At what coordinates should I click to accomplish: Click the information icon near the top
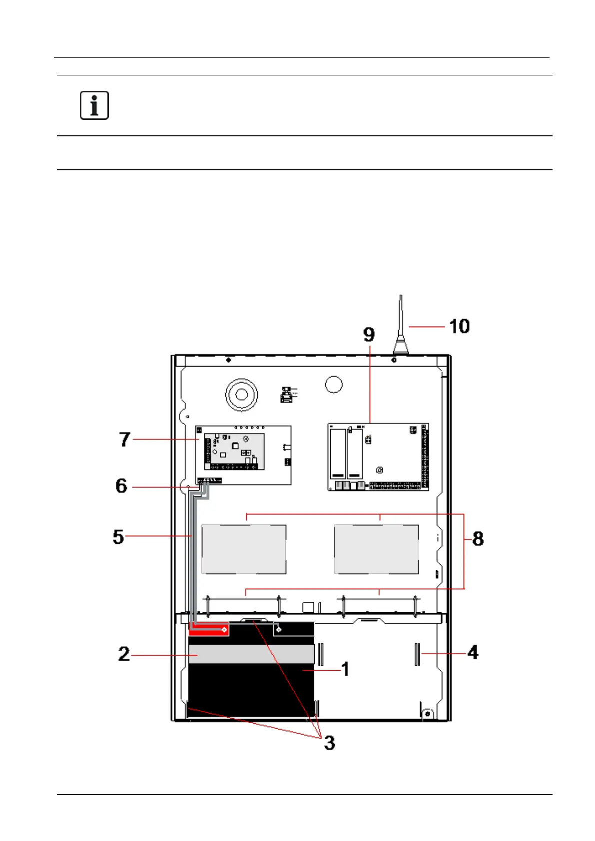point(94,105)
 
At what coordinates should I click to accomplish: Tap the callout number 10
point(459,326)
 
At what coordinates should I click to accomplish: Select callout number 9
point(369,334)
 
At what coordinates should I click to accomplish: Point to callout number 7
point(124,439)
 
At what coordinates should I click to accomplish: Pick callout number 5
point(118,536)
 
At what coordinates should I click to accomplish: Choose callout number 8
point(478,538)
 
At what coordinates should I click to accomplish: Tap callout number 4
point(473,652)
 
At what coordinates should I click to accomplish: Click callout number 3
point(329,743)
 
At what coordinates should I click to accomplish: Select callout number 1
point(345,669)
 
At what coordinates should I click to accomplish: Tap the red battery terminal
point(209,629)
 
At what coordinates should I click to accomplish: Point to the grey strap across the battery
point(251,654)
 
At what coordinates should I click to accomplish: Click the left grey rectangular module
point(244,549)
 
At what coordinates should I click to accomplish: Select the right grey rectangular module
point(376,549)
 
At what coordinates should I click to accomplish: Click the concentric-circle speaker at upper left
point(241,395)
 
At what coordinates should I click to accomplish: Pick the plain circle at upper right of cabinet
point(334,385)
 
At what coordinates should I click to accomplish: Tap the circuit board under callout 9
point(378,457)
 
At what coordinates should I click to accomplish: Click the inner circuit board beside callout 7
point(234,451)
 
